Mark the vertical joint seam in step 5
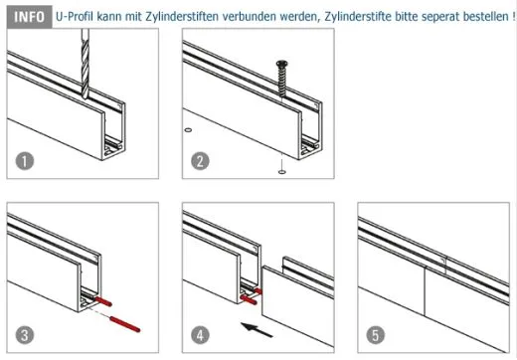427,297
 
